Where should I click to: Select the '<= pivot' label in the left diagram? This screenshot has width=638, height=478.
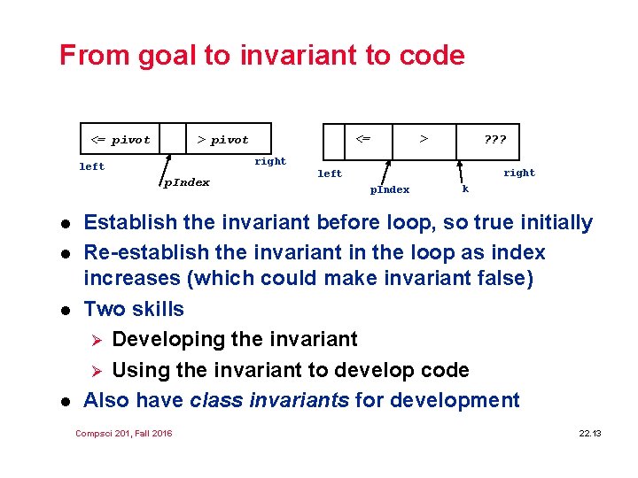[121, 140]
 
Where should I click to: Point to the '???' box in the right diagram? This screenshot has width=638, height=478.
[494, 139]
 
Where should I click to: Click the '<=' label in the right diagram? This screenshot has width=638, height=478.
[362, 138]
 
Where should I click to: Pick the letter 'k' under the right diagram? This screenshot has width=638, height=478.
[465, 189]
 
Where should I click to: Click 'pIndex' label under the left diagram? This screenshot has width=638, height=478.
[186, 182]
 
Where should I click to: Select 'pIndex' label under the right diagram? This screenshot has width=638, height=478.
[389, 189]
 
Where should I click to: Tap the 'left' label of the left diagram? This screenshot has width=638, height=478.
[91, 166]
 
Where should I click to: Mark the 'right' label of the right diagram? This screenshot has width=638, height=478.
[518, 173]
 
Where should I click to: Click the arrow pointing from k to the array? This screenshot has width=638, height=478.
[460, 171]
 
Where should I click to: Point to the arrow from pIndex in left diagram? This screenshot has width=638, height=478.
[166, 164]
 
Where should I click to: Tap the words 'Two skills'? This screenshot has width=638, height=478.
[134, 309]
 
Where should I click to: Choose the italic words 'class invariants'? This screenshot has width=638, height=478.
[269, 400]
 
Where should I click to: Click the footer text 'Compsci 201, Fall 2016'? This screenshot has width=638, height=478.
[124, 433]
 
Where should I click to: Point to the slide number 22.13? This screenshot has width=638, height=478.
[589, 433]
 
